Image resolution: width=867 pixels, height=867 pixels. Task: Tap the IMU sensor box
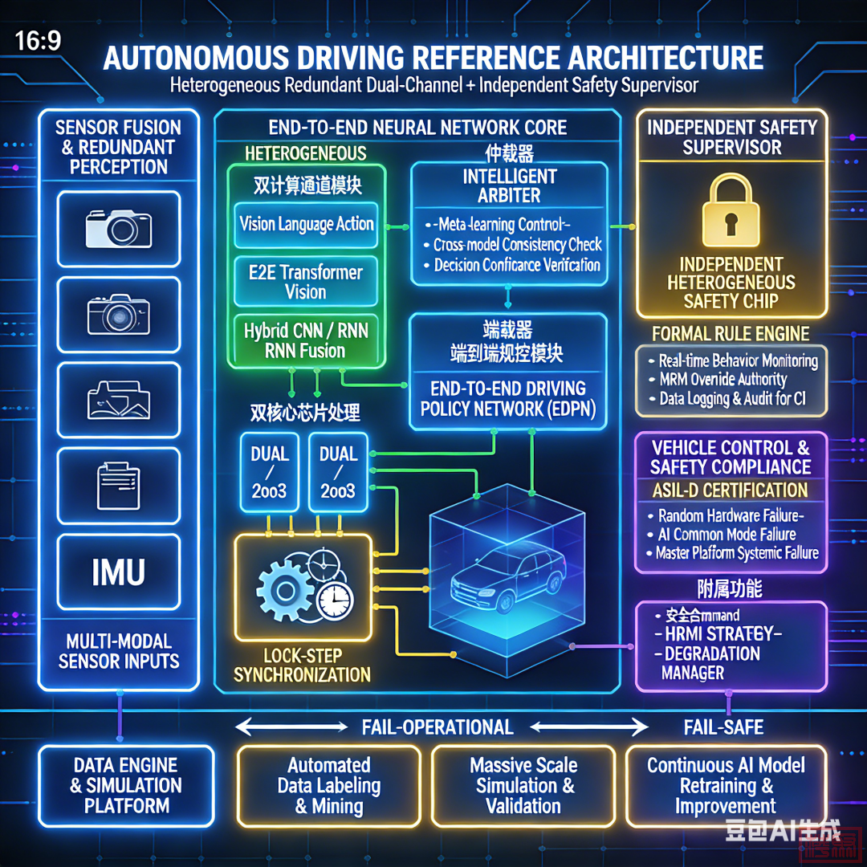(x=118, y=572)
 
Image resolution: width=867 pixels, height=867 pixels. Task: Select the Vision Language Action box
(x=306, y=224)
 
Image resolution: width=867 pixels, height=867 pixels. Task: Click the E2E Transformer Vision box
(x=306, y=282)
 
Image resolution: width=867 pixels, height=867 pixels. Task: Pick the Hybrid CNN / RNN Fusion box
(x=306, y=340)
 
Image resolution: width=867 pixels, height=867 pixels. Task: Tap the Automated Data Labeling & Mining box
(x=329, y=786)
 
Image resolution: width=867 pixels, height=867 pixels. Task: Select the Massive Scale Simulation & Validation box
(x=523, y=786)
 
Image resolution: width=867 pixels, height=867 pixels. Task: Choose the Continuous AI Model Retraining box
(x=726, y=786)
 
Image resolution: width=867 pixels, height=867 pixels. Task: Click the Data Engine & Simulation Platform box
(x=126, y=786)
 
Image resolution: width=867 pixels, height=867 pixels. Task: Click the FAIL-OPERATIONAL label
(x=438, y=727)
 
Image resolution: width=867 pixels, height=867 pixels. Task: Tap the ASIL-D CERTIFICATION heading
(x=730, y=490)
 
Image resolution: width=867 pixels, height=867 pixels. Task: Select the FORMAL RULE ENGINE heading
(x=731, y=333)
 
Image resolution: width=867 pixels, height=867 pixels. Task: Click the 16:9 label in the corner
(x=38, y=41)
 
